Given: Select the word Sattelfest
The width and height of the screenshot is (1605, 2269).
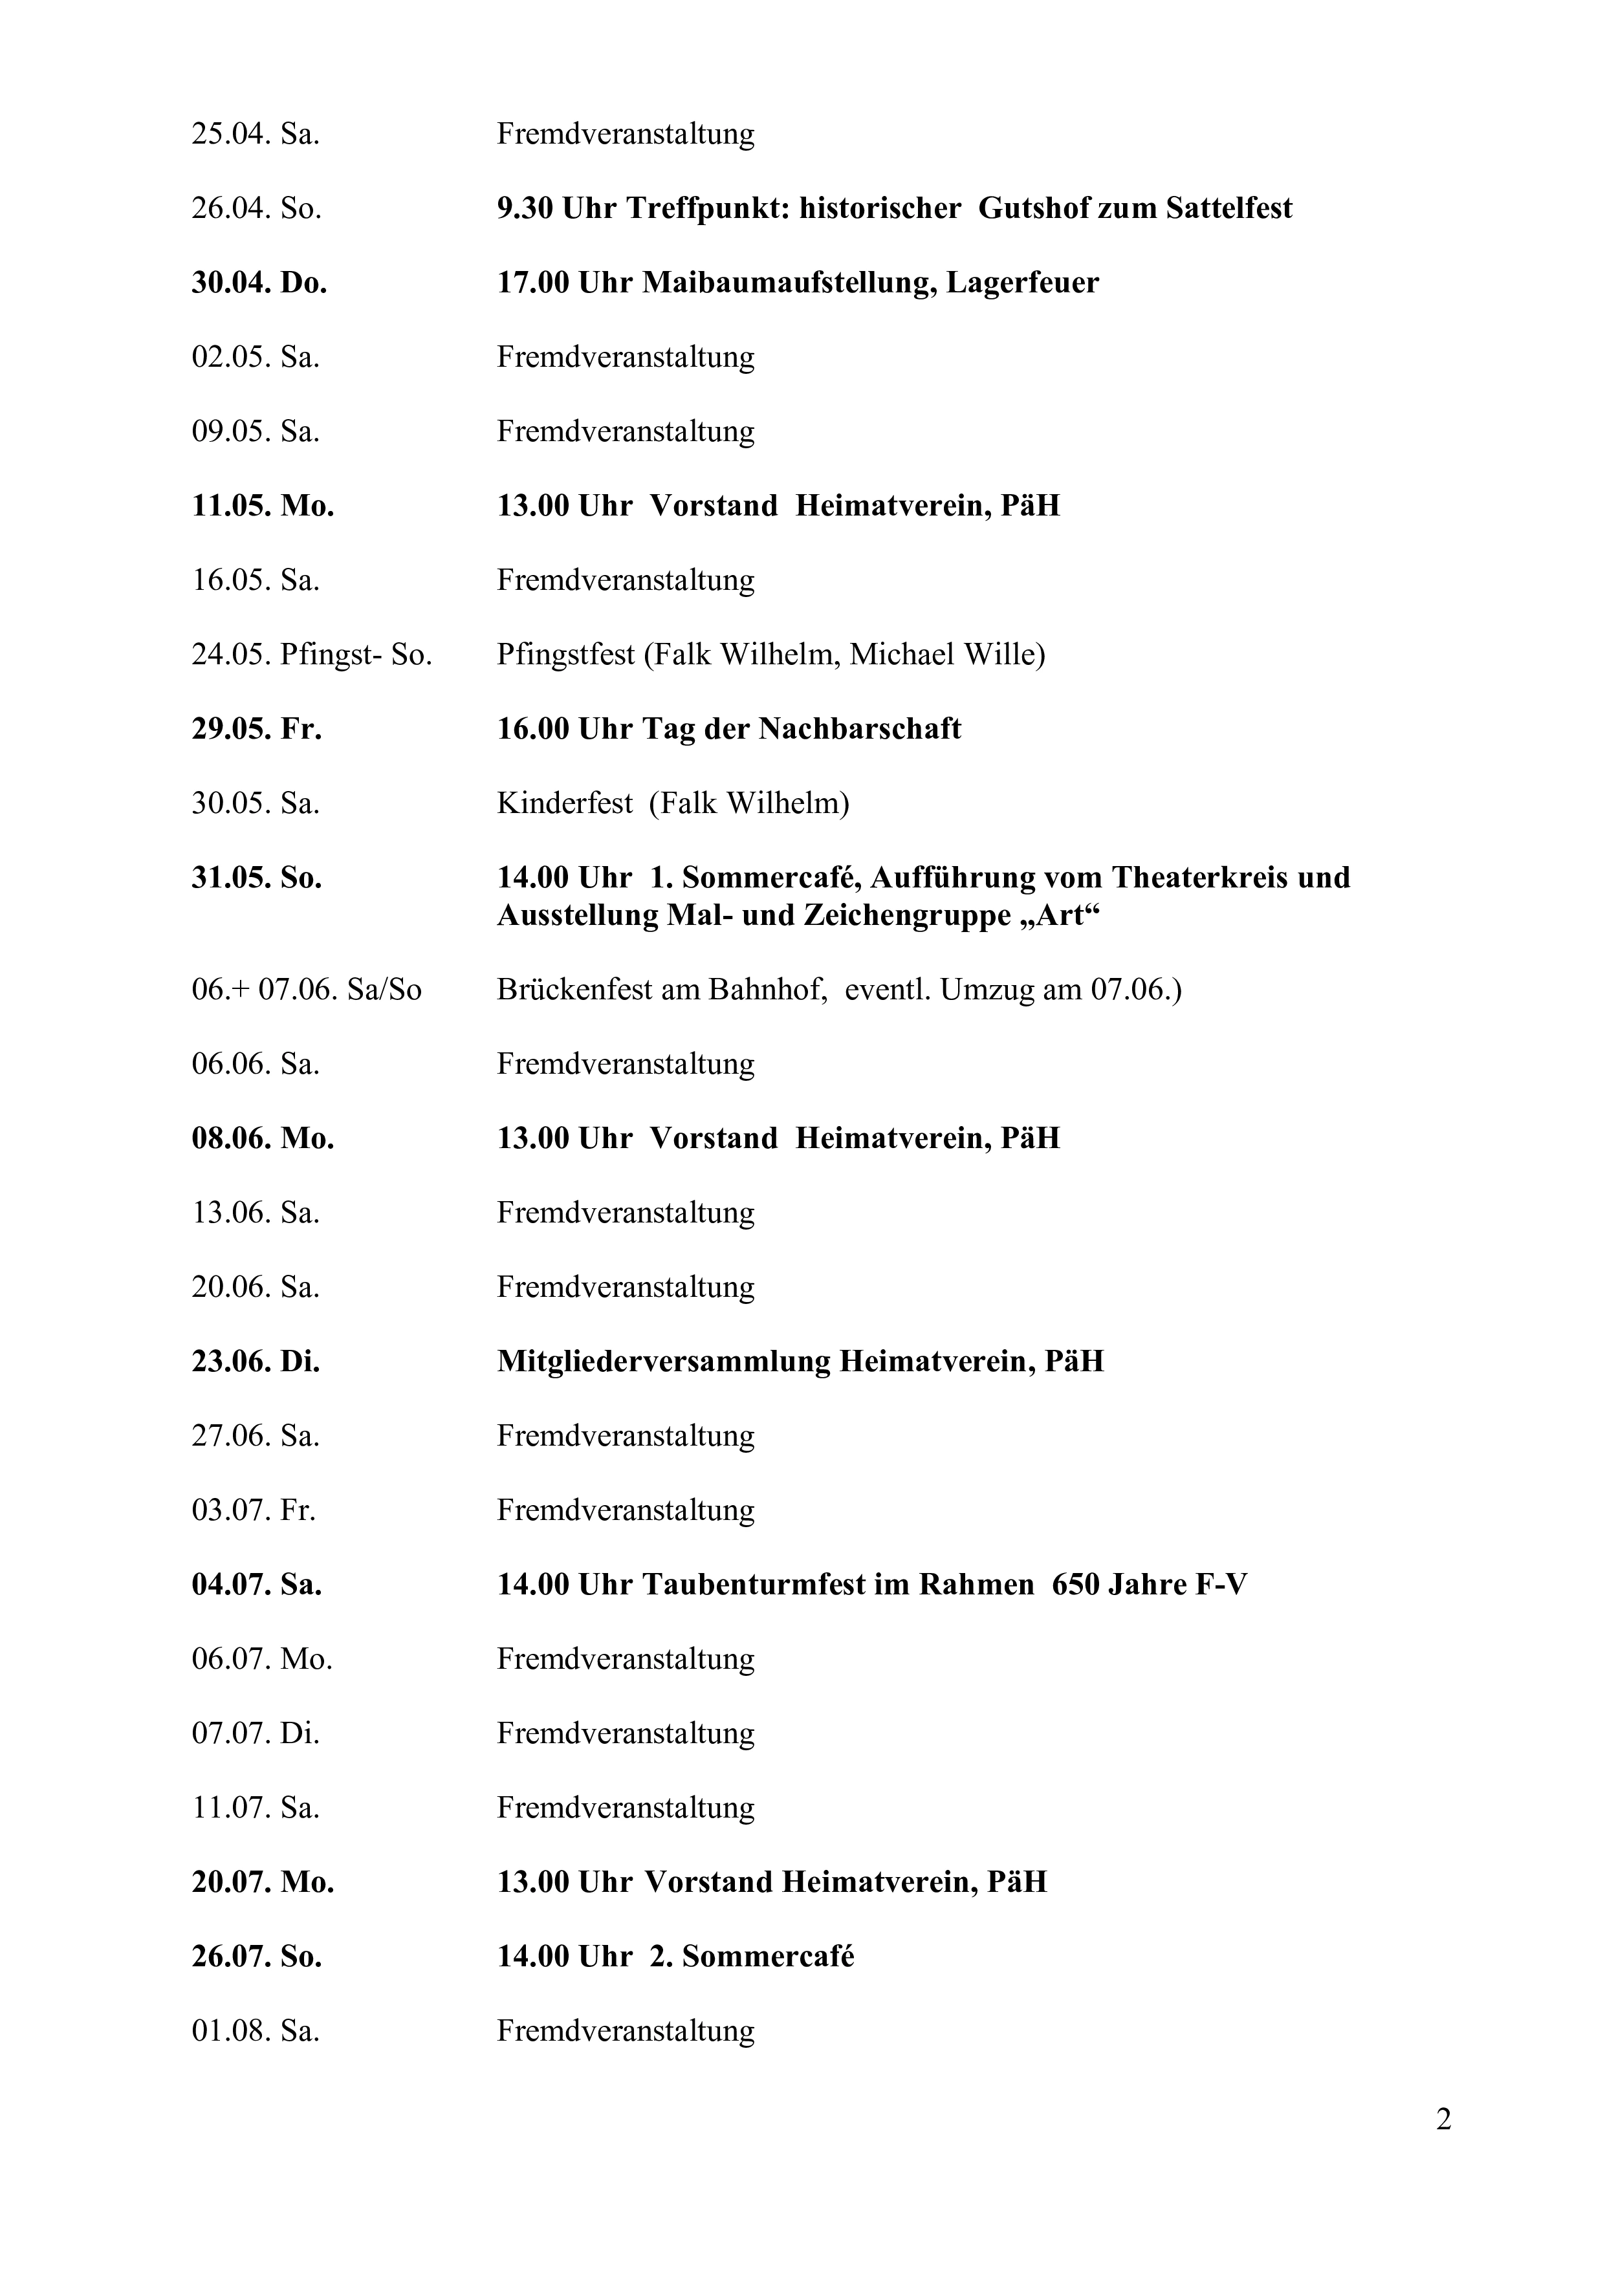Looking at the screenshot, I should pos(1228,208).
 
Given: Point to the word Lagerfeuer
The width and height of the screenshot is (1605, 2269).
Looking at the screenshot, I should pos(1022,283).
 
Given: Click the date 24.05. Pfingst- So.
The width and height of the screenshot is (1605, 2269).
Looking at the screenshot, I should pos(311,654).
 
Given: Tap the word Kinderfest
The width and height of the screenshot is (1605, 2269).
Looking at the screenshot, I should pos(564,803).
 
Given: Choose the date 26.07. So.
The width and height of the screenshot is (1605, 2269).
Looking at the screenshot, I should pos(256,1957).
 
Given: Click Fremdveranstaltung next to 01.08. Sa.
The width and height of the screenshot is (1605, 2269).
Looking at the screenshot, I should pos(626,2032).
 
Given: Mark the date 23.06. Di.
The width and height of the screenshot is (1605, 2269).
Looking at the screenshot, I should pos(255,1362).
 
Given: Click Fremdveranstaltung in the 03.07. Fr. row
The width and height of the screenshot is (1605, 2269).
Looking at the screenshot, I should pos(626,1510).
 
